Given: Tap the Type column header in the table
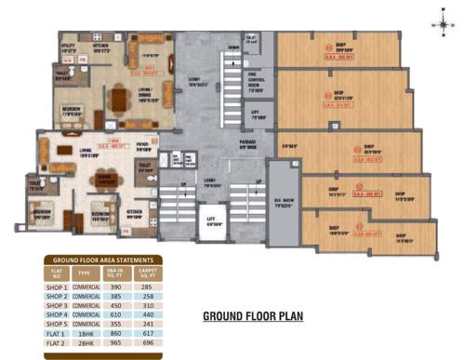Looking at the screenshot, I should tap(87, 273).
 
